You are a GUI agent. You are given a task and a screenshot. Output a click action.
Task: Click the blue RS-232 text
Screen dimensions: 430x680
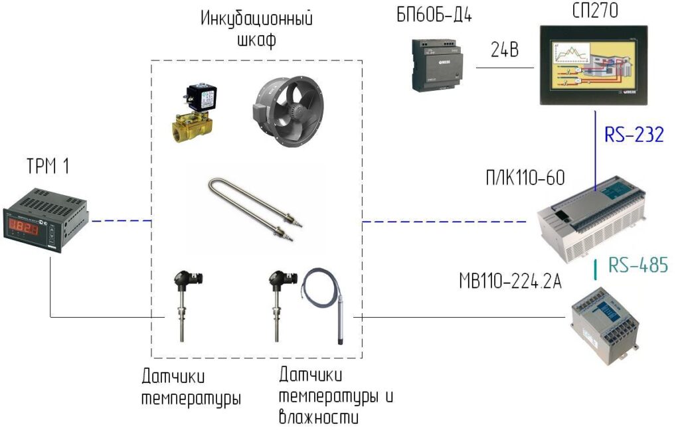pyautogui.click(x=634, y=135)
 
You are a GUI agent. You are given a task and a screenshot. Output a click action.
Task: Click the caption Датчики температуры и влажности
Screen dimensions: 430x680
pyautogui.click(x=336, y=397)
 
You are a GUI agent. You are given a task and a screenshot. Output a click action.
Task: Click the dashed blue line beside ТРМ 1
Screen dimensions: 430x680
pyautogui.click(x=123, y=220)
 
